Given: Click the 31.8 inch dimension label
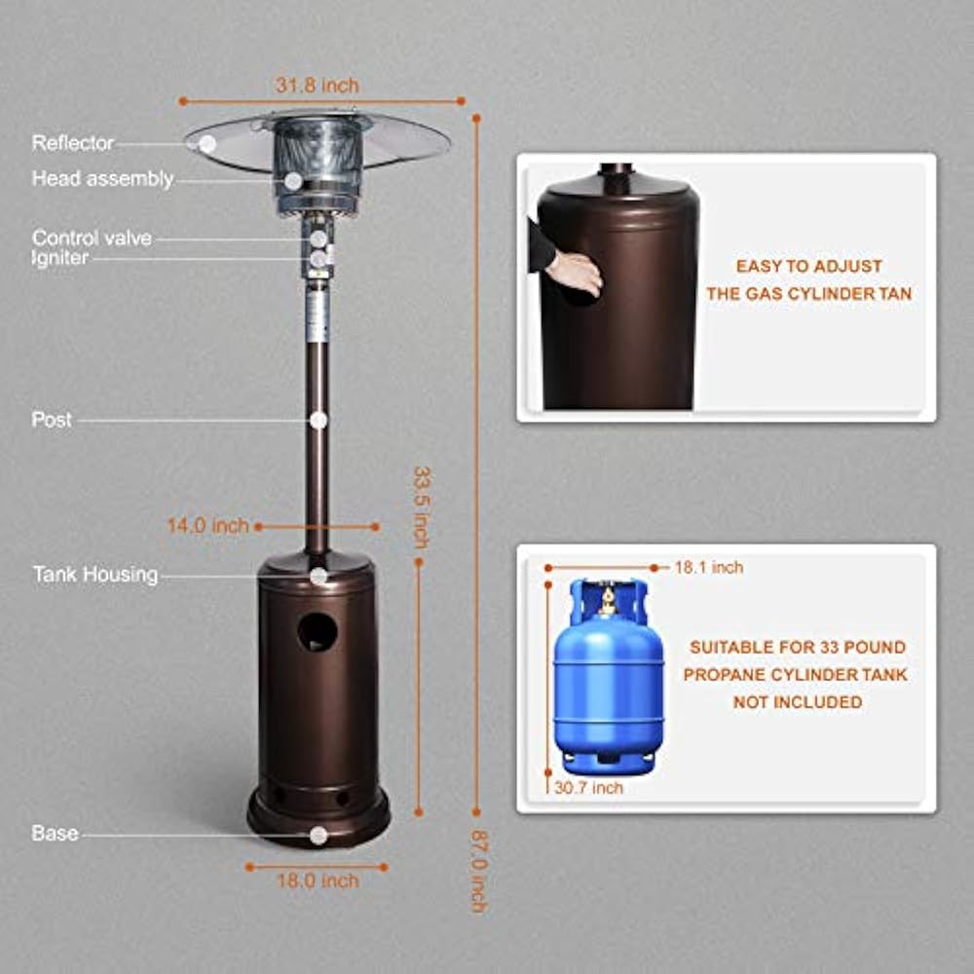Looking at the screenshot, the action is pyautogui.click(x=317, y=85).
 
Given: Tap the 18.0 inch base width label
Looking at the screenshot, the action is pyautogui.click(x=318, y=880).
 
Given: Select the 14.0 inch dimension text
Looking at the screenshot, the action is pyautogui.click(x=207, y=526).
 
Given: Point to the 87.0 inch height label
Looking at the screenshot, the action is pyautogui.click(x=477, y=871).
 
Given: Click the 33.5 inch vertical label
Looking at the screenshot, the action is pyautogui.click(x=422, y=507).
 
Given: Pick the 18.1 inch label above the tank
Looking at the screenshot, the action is pyautogui.click(x=709, y=567).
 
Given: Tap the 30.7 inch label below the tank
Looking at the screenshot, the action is pyautogui.click(x=588, y=788).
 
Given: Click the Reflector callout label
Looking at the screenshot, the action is pyautogui.click(x=73, y=143).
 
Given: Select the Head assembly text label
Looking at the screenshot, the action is pyautogui.click(x=102, y=179).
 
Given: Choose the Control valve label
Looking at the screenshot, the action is pyautogui.click(x=92, y=238).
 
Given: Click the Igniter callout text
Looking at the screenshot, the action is pyautogui.click(x=60, y=258).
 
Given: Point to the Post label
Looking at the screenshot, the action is pyautogui.click(x=52, y=419).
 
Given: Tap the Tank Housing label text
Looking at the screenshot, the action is pyautogui.click(x=95, y=575).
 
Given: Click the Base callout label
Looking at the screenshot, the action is pyautogui.click(x=55, y=833).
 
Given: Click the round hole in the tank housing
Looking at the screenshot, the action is pyautogui.click(x=318, y=632).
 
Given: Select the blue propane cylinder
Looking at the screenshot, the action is pyautogui.click(x=608, y=677).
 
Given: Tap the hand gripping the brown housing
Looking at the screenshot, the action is pyautogui.click(x=576, y=274).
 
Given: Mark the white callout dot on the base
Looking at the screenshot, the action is pyautogui.click(x=318, y=836).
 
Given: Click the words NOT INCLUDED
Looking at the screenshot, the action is pyautogui.click(x=798, y=702).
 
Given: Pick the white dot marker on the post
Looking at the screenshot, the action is pyautogui.click(x=318, y=421).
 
